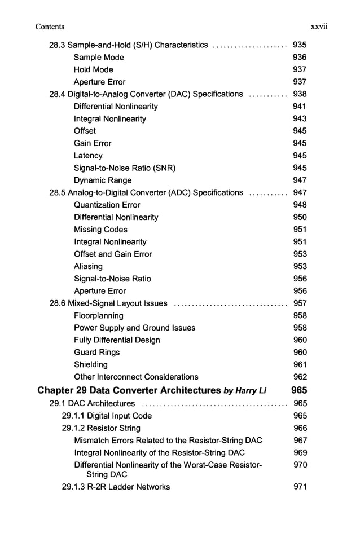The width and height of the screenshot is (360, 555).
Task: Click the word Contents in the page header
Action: [x=50, y=27]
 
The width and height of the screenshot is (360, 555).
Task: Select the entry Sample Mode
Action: [x=99, y=58]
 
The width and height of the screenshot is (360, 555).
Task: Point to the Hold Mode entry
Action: [x=93, y=70]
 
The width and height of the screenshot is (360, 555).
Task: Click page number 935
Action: [x=300, y=45]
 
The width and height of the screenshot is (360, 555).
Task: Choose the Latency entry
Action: [x=88, y=156]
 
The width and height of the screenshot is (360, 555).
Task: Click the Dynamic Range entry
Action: [x=103, y=180]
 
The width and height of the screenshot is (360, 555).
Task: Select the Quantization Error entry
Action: [x=107, y=205]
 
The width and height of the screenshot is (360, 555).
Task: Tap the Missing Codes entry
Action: [x=100, y=230]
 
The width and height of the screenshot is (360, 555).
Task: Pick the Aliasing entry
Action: [x=88, y=266]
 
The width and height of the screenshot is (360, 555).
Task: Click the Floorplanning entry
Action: [x=98, y=316]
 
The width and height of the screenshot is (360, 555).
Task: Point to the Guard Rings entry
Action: [x=96, y=353]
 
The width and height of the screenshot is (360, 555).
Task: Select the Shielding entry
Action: [x=90, y=365]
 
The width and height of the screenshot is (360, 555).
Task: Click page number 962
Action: [x=300, y=377]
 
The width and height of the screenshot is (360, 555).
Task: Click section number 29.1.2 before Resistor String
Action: [x=74, y=429]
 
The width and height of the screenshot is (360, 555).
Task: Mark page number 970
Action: [x=300, y=465]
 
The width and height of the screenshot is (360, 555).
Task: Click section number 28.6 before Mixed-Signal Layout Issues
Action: [x=57, y=303]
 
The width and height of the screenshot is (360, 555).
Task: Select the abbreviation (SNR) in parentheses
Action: [x=164, y=168]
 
